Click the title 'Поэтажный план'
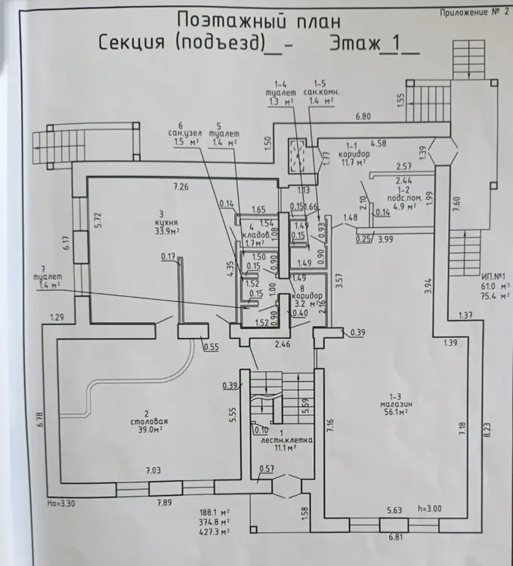pyautogui.click(x=258, y=20)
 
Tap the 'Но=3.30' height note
pyautogui.click(x=61, y=501)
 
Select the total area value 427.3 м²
pyautogui.click(x=217, y=531)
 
